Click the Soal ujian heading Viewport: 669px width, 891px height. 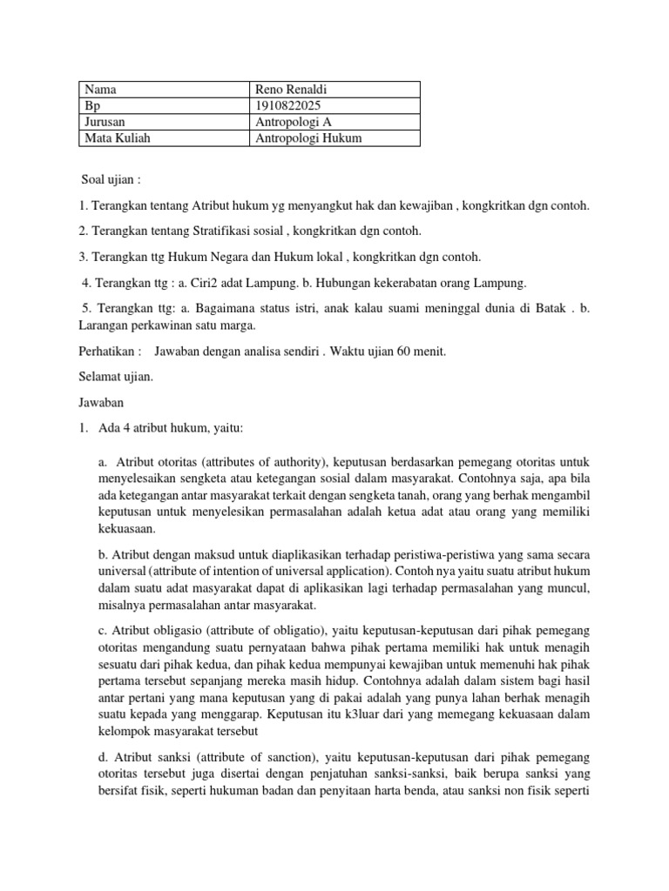(x=110, y=179)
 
